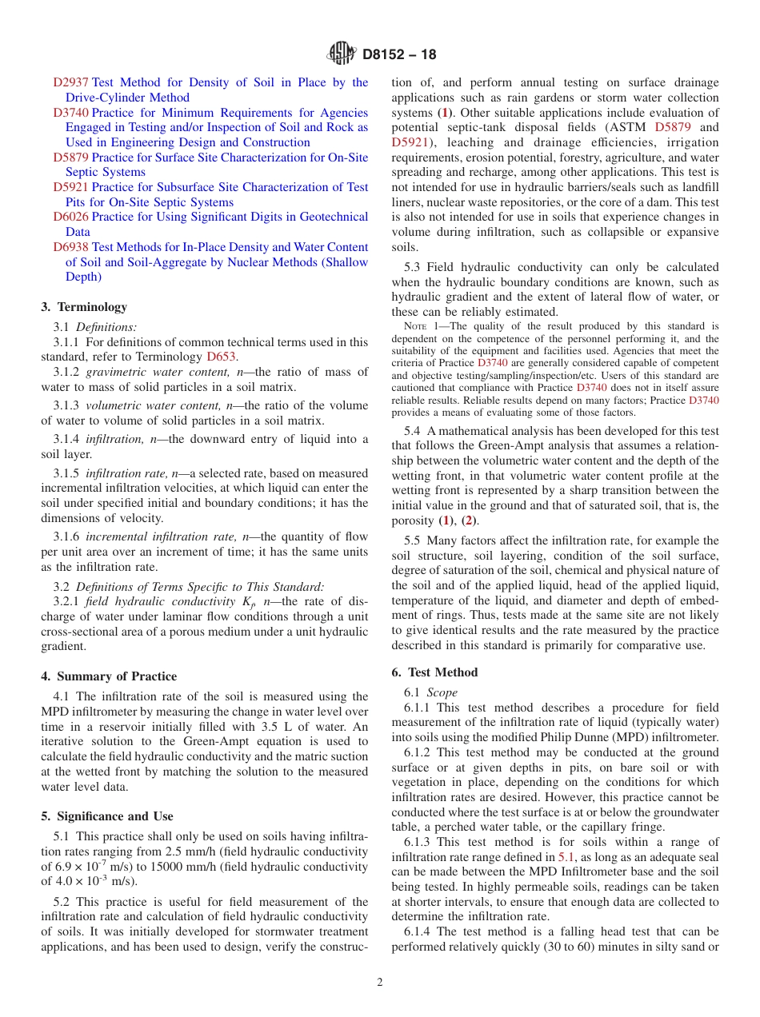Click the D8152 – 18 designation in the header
pos(399,55)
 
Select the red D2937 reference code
pos(70,82)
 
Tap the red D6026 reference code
pos(70,217)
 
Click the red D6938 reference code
pos(70,247)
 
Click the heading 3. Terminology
pos(84,307)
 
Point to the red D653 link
pos(222,357)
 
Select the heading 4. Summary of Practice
pos(109,676)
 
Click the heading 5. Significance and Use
pos(107,816)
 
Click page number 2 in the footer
pos(380,983)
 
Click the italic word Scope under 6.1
pos(442,692)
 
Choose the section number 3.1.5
pos(66,473)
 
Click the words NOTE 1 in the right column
pos(419,326)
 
